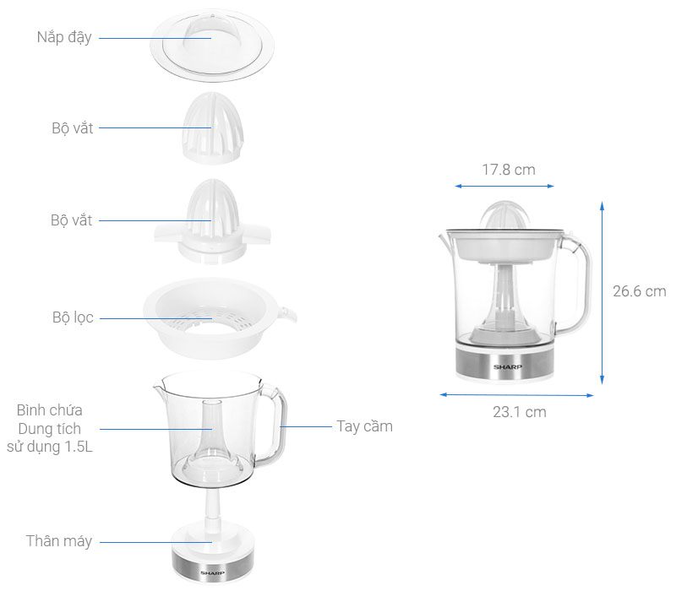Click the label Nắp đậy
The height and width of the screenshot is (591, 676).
click(64, 37)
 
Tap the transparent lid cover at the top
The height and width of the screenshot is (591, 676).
click(212, 46)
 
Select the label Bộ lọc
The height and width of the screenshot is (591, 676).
click(73, 317)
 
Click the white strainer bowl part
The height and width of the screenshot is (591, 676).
click(219, 318)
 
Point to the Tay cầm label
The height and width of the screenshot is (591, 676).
click(365, 426)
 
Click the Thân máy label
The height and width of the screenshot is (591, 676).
click(59, 541)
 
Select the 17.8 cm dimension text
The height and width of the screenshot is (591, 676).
click(509, 170)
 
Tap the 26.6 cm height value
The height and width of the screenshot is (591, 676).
click(640, 291)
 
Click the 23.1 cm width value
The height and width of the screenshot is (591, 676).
click(520, 412)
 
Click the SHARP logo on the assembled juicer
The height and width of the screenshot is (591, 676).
click(508, 367)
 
